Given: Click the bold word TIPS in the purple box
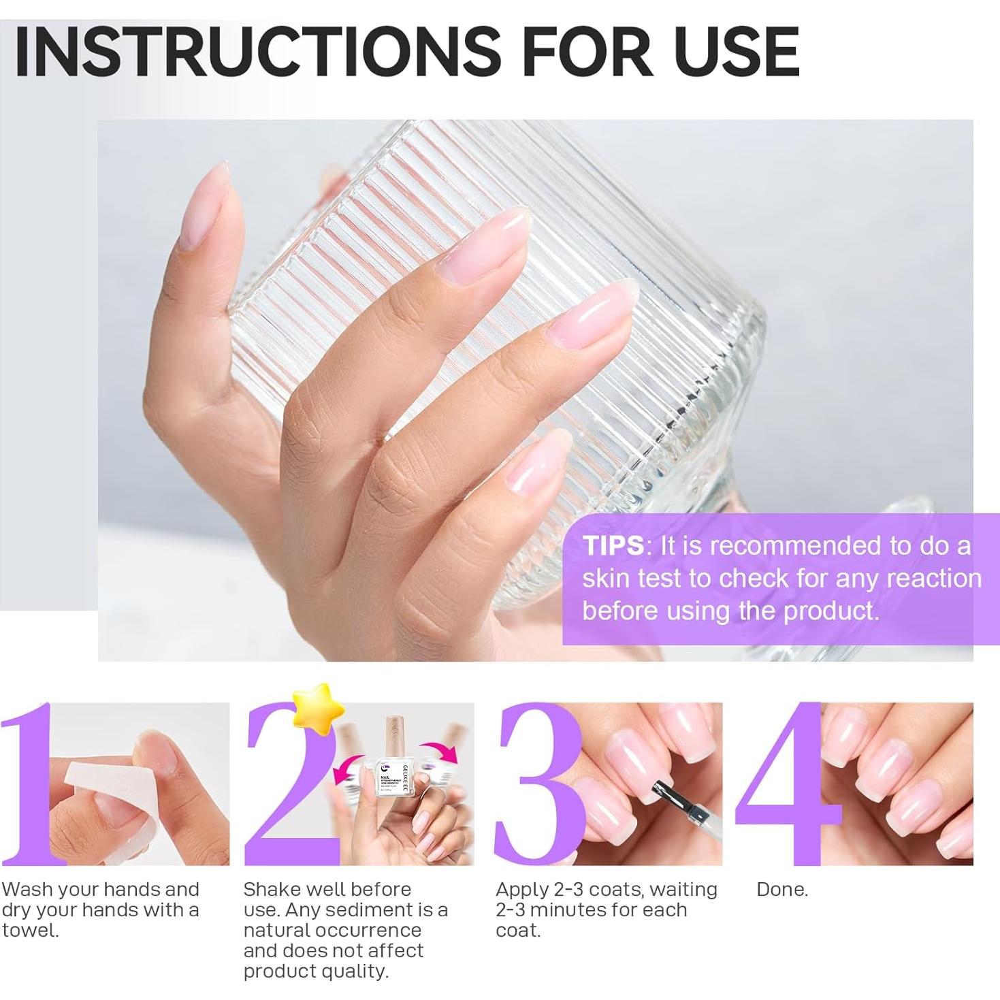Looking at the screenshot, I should [613, 546].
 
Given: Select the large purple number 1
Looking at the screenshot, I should [31, 783].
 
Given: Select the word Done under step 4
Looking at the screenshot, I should [781, 890].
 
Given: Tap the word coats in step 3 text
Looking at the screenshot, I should [617, 890].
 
